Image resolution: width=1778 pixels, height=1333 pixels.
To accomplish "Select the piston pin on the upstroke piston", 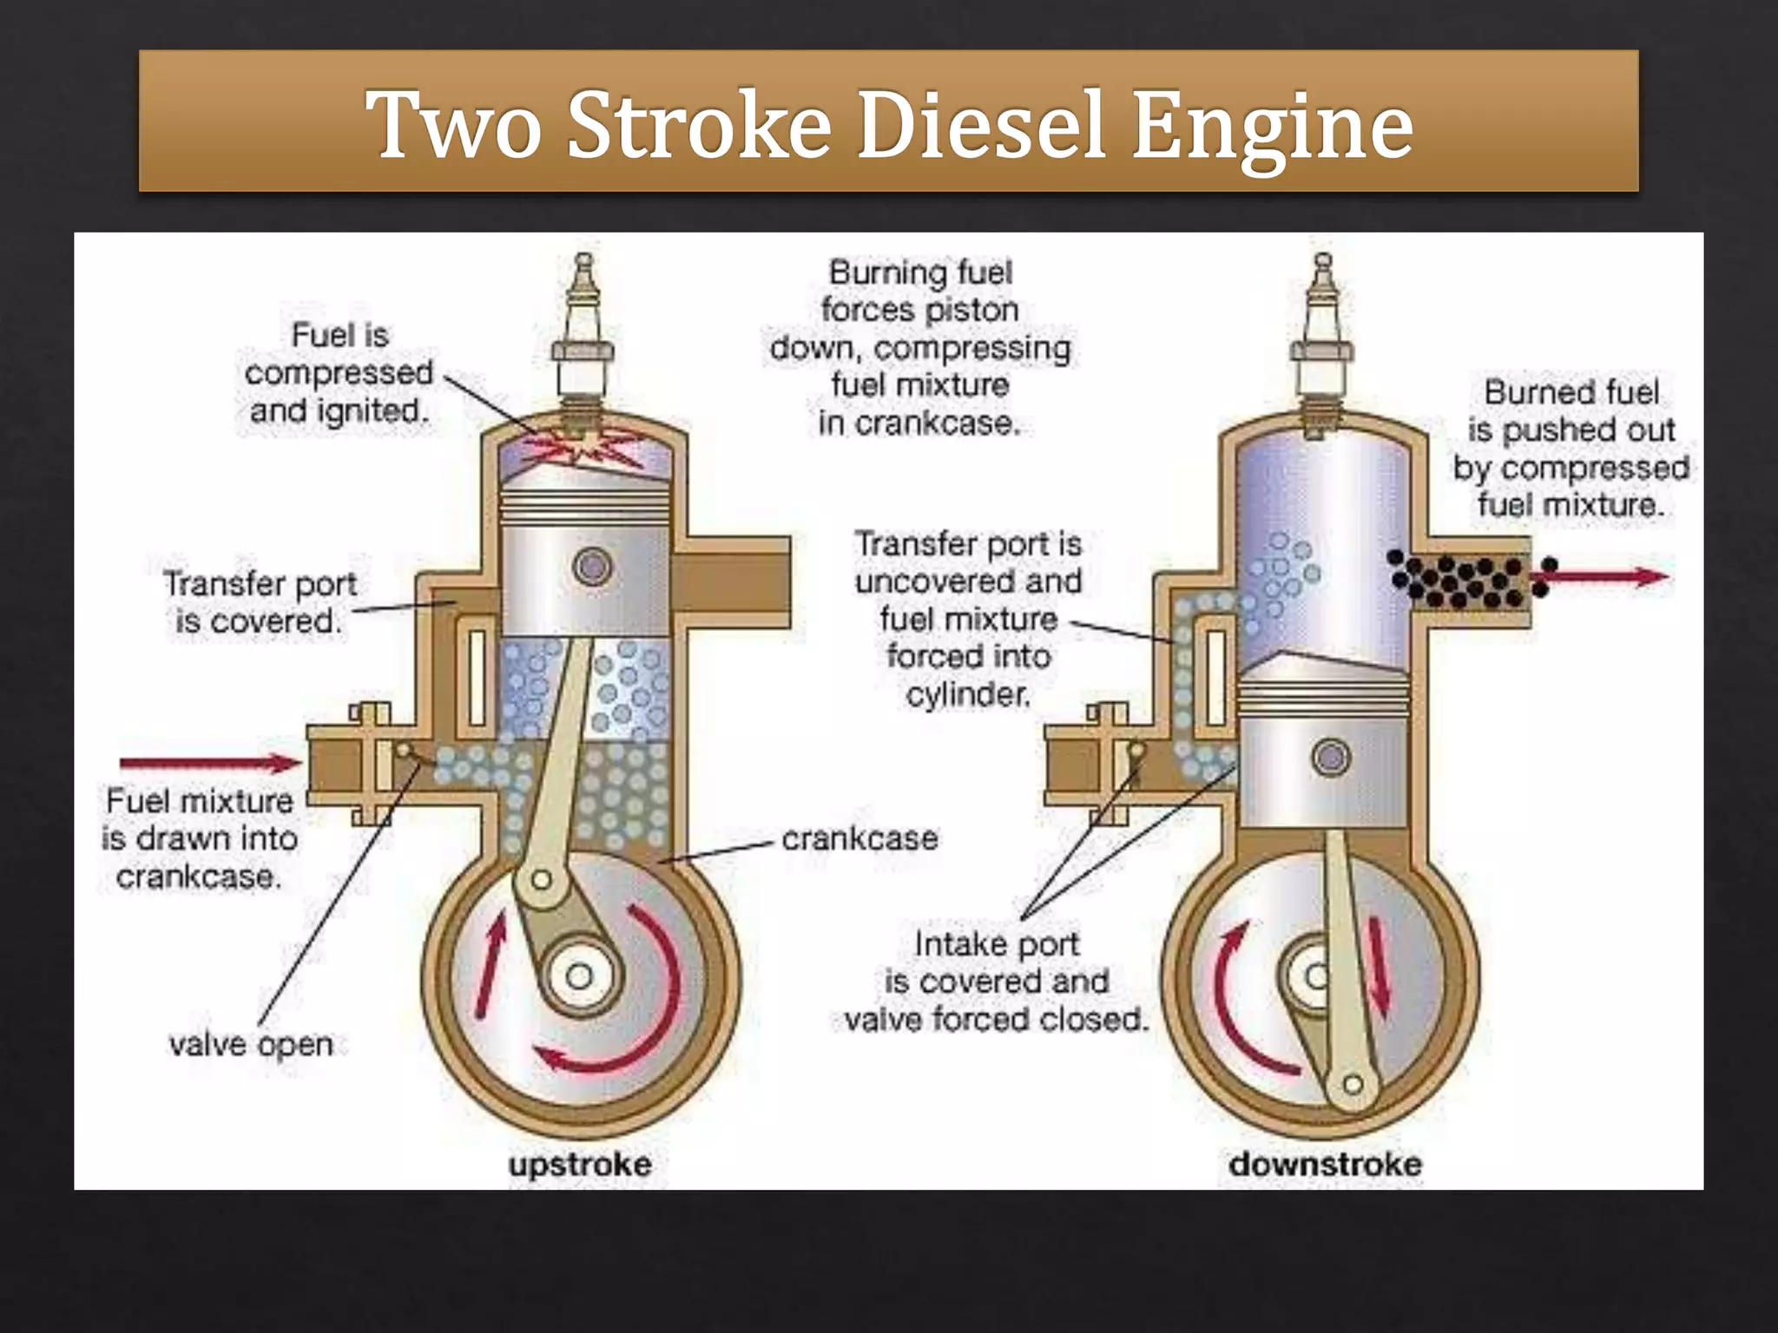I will pyautogui.click(x=593, y=567).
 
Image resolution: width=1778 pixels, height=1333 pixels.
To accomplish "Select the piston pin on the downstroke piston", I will pyautogui.click(x=1331, y=757).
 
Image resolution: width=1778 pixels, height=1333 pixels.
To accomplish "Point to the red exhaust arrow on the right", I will pyautogui.click(x=1606, y=576).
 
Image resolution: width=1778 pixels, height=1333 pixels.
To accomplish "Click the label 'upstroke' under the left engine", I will pyautogui.click(x=580, y=1164).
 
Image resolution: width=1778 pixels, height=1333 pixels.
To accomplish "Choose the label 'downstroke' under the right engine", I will pyautogui.click(x=1325, y=1164).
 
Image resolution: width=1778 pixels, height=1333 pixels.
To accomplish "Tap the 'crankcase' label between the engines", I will pyautogui.click(x=859, y=838).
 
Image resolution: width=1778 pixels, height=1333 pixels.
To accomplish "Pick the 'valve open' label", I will pyautogui.click(x=251, y=1044).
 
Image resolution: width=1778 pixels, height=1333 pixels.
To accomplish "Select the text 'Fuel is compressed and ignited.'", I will pyautogui.click(x=339, y=372).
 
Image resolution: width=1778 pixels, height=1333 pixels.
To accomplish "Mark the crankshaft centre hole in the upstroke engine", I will pyautogui.click(x=579, y=976).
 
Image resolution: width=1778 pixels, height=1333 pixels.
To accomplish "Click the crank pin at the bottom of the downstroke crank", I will pyautogui.click(x=1353, y=1084).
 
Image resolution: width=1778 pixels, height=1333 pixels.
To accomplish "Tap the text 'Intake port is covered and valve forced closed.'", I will pyautogui.click(x=997, y=982).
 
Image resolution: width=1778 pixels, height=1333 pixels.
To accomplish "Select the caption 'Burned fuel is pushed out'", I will pyautogui.click(x=1571, y=410).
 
